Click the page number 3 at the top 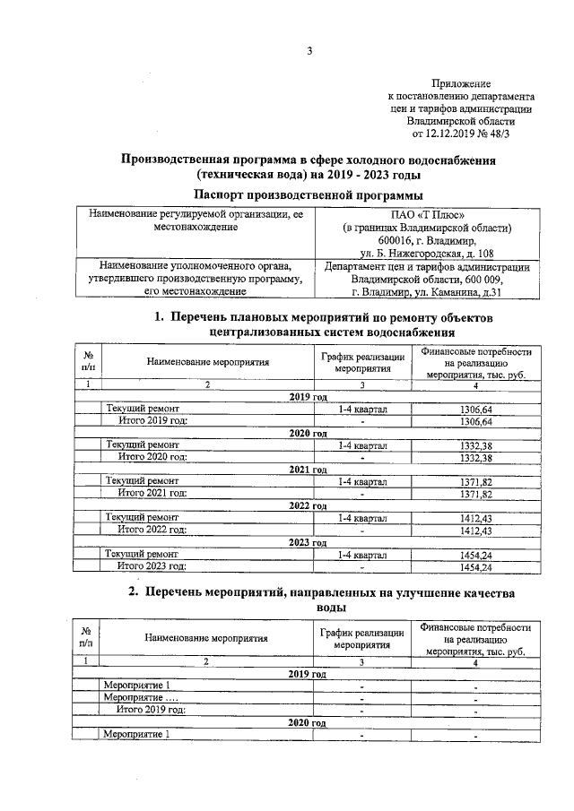(309, 51)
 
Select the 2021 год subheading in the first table (308, 470)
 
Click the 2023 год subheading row (308, 543)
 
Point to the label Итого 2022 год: (152, 531)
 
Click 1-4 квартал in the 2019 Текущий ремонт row (361, 408)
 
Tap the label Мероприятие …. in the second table (141, 697)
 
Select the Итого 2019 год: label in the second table (152, 709)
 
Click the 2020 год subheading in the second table (308, 721)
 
